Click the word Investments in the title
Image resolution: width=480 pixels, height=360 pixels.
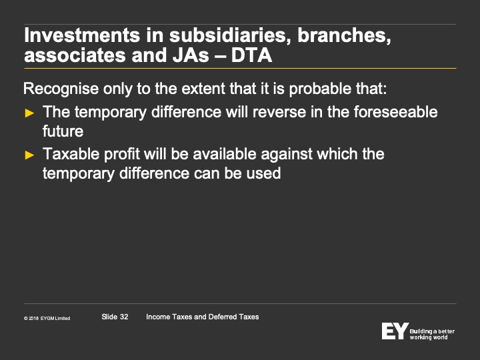click(x=82, y=35)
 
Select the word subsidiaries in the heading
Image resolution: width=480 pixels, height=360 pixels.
click(x=229, y=35)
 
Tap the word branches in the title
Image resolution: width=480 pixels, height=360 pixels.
click(x=344, y=35)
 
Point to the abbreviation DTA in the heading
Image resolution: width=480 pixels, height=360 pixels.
click(x=251, y=55)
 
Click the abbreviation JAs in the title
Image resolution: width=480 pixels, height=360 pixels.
click(x=191, y=55)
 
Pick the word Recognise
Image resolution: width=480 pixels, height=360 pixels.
click(x=61, y=89)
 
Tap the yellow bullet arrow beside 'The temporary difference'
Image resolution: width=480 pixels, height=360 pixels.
click(x=29, y=113)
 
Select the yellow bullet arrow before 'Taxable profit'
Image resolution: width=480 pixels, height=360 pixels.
click(x=29, y=155)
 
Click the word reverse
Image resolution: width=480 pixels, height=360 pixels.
click(x=279, y=112)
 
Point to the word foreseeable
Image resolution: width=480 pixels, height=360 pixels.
click(x=396, y=111)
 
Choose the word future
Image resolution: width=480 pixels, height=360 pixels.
click(x=63, y=131)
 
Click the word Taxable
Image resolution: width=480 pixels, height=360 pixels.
click(x=71, y=154)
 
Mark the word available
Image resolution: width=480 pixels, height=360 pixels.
click(x=225, y=154)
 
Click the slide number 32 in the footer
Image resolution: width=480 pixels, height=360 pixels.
click(x=124, y=317)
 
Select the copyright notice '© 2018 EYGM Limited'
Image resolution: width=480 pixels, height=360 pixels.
click(x=47, y=319)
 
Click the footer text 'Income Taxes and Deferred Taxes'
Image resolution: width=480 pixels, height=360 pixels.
click(x=203, y=317)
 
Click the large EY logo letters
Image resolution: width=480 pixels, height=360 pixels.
click(x=395, y=331)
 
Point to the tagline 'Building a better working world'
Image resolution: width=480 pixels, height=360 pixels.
click(x=432, y=334)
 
